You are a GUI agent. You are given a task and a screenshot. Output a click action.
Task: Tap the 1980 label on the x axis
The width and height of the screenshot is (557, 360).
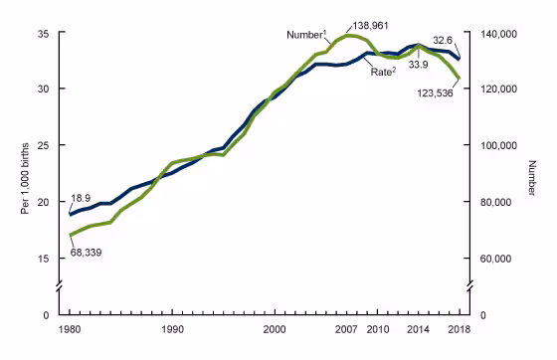(69, 327)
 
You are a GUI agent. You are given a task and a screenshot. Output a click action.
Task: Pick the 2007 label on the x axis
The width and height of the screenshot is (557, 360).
(347, 327)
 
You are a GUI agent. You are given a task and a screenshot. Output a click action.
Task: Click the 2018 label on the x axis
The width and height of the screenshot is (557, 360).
(460, 327)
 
